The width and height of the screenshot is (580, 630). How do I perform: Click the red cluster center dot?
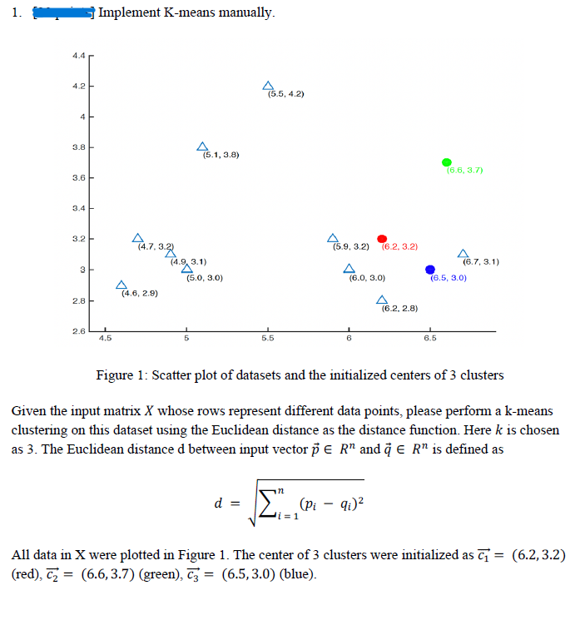382,239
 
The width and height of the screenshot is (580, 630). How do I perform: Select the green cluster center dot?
447,162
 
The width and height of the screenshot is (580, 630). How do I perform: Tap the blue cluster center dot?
430,270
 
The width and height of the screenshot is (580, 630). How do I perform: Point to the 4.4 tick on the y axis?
79,56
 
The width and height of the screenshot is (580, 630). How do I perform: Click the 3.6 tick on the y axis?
79,179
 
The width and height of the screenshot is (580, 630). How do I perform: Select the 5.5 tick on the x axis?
267,338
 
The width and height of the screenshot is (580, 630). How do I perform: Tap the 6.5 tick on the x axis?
429,338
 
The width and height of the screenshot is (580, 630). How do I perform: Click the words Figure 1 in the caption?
121,375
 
